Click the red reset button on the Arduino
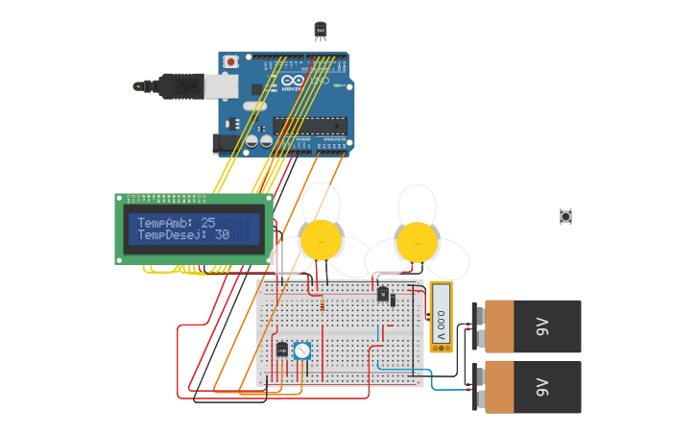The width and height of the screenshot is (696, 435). pyautogui.click(x=230, y=62)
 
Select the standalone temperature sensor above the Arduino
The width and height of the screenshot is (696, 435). pyautogui.click(x=321, y=30)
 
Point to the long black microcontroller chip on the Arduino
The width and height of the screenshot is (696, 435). pyautogui.click(x=309, y=125)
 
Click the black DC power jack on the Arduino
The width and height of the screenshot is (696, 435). pyautogui.click(x=223, y=143)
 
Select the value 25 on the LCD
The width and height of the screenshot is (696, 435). pyautogui.click(x=208, y=223)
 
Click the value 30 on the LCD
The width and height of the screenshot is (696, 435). pyautogui.click(x=222, y=235)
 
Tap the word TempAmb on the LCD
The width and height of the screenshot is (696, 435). pyautogui.click(x=165, y=223)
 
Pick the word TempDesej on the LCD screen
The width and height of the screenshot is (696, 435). pyautogui.click(x=172, y=235)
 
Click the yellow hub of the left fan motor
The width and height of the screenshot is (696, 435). pyautogui.click(x=320, y=239)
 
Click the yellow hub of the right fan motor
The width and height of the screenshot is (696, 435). pyautogui.click(x=417, y=241)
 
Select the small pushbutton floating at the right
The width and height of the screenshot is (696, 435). pyautogui.click(x=565, y=217)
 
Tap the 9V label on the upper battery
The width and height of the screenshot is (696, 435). pyautogui.click(x=540, y=326)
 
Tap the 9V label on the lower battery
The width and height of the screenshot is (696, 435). pyautogui.click(x=540, y=387)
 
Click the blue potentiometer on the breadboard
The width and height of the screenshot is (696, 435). pyautogui.click(x=301, y=351)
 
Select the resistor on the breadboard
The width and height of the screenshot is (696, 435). pyautogui.click(x=322, y=305)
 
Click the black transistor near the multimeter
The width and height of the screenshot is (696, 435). pyautogui.click(x=384, y=294)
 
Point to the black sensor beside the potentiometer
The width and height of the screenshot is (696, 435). pyautogui.click(x=282, y=350)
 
